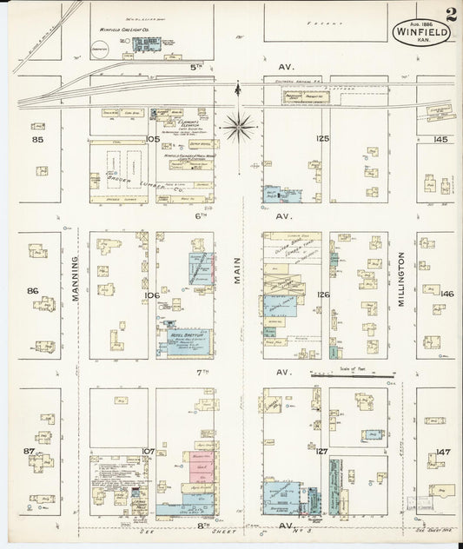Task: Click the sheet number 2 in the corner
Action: (451, 15)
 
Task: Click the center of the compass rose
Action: (240, 128)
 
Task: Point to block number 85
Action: (37, 139)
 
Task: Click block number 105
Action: (153, 139)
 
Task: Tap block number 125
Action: (324, 139)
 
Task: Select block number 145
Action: (440, 139)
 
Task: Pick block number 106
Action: (153, 295)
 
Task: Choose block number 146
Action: (446, 294)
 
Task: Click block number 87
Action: (30, 452)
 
